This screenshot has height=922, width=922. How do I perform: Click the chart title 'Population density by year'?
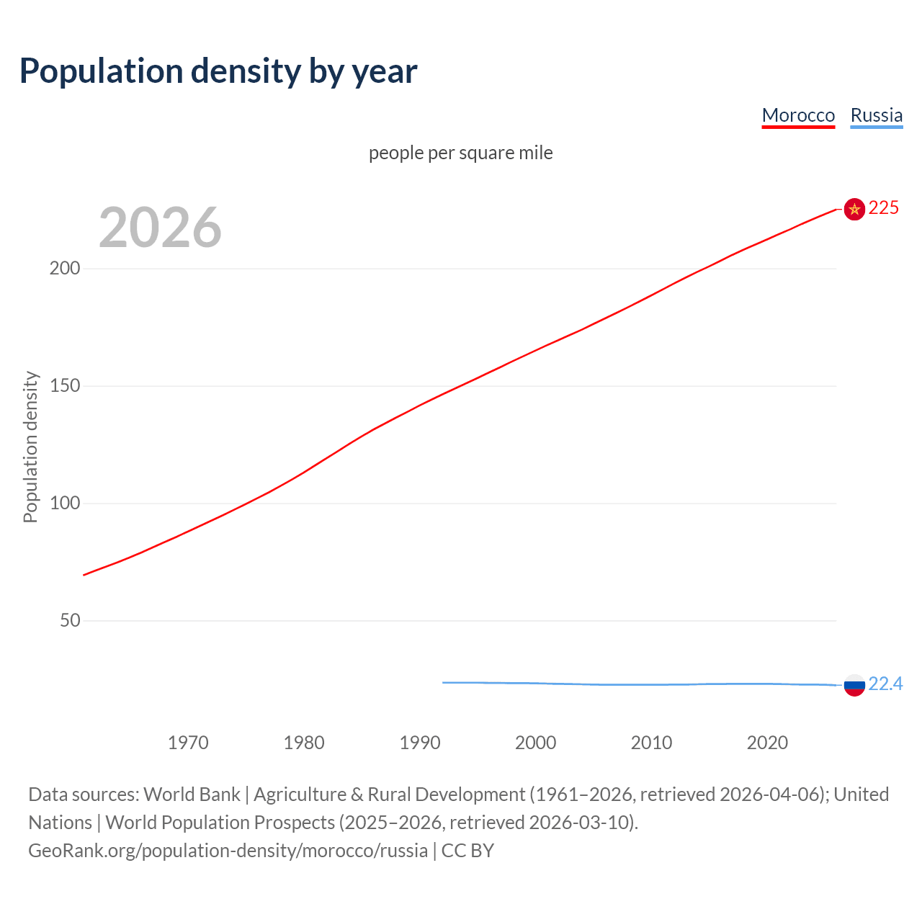(218, 71)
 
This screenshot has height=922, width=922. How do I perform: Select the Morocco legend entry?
(798, 115)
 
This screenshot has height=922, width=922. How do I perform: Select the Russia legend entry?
(876, 115)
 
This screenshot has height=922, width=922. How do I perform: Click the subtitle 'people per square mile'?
(460, 153)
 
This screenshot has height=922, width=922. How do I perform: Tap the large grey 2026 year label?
(160, 228)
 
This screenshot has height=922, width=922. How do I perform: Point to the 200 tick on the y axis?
(65, 269)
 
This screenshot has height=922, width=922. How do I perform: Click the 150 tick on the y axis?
(65, 386)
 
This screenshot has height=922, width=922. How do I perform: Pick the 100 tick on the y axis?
(65, 503)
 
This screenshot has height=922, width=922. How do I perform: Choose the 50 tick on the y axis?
(70, 621)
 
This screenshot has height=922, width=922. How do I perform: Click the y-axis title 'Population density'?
(30, 447)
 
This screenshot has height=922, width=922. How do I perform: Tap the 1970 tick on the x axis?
(188, 743)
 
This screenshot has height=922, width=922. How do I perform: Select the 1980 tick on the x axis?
(304, 743)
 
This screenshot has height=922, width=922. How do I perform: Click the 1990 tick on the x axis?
(420, 743)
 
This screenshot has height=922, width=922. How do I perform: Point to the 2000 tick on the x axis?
(535, 743)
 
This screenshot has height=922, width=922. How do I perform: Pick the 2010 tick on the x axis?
(651, 743)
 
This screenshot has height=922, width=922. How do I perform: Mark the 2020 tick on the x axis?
(767, 743)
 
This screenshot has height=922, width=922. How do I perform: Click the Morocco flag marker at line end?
(854, 209)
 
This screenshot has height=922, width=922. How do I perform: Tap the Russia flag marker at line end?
(854, 685)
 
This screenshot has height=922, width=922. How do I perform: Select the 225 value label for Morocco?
(884, 208)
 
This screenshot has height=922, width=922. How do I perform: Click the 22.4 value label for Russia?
(885, 684)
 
